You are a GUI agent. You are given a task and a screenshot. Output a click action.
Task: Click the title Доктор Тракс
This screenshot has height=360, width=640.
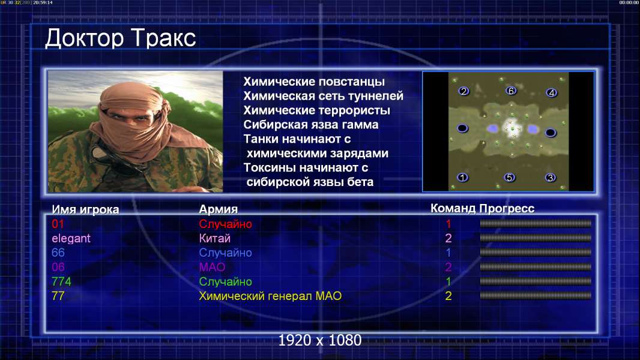121,38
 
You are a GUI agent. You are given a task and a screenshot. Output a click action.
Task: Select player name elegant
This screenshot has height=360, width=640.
71,239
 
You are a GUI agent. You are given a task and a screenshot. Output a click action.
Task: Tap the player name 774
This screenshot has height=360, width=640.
61,281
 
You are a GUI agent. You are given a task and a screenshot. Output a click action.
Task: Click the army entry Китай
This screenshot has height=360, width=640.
215,238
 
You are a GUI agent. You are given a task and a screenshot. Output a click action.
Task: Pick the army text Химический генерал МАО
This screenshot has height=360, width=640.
270,296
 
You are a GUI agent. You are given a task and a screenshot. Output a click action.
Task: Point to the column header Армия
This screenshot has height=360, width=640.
218,209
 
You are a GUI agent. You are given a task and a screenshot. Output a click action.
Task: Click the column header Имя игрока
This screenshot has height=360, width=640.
85,209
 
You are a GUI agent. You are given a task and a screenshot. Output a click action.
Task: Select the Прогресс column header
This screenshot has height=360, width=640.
507,208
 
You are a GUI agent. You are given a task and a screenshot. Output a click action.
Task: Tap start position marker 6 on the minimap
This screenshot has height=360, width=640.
511,91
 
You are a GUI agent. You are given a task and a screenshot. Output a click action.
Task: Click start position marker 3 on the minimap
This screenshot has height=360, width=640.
551,178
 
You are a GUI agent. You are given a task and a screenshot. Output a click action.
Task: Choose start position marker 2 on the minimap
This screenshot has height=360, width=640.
463,91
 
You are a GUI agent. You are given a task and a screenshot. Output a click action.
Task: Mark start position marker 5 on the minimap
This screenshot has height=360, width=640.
509,178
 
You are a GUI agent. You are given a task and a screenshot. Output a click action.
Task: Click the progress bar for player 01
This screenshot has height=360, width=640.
536,223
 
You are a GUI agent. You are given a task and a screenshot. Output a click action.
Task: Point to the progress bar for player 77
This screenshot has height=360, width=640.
536,296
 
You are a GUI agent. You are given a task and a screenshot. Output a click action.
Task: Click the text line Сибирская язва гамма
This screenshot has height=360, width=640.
311,125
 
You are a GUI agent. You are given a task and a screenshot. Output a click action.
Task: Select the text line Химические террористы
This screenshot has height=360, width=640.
317,110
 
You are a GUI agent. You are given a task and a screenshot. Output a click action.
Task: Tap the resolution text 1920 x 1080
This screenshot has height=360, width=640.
320,340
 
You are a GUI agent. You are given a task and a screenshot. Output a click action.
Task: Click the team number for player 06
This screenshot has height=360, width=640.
448,267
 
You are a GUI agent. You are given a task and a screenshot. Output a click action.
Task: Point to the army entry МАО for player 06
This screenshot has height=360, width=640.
213,267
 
